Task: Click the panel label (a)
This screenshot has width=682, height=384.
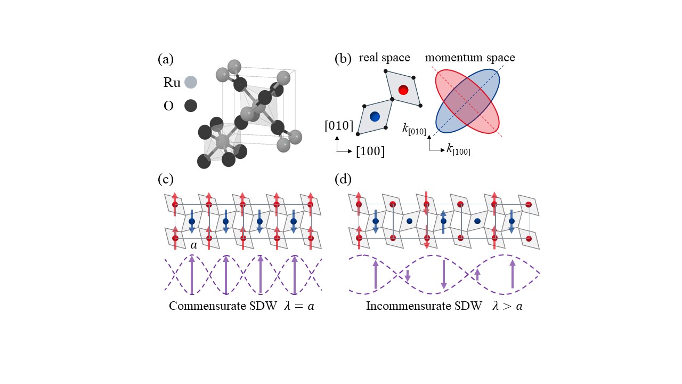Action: [166, 60]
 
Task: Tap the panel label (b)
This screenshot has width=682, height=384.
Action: [343, 60]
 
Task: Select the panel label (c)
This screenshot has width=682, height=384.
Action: [166, 179]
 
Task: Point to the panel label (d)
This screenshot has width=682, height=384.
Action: [343, 179]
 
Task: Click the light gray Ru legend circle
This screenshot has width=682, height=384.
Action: [190, 83]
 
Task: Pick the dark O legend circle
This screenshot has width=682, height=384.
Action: [190, 106]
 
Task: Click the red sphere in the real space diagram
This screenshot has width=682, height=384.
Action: [403, 90]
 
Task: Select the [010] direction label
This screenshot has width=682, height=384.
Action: [339, 126]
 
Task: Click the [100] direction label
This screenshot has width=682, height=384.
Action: [370, 151]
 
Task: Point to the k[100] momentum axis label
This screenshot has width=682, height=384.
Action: [458, 149]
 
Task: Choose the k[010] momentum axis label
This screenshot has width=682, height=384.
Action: [415, 128]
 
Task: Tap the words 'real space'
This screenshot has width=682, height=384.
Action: [384, 57]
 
